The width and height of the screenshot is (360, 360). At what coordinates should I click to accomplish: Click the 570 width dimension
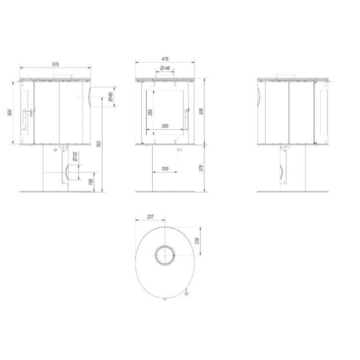(x=56, y=64)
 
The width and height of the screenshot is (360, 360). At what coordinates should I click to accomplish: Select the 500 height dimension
(x=9, y=112)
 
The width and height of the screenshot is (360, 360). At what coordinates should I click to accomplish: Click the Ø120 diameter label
(x=75, y=157)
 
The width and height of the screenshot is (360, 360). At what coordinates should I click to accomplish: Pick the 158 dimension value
(x=90, y=181)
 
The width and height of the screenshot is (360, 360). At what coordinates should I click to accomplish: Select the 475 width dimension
(x=165, y=59)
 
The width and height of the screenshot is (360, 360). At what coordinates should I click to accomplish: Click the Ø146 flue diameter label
(x=166, y=68)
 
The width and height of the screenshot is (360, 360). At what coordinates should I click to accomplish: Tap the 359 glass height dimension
(x=150, y=113)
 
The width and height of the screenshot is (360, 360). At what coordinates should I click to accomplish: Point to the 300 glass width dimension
(x=166, y=126)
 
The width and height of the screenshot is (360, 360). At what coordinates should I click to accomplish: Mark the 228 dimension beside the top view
(x=197, y=241)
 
